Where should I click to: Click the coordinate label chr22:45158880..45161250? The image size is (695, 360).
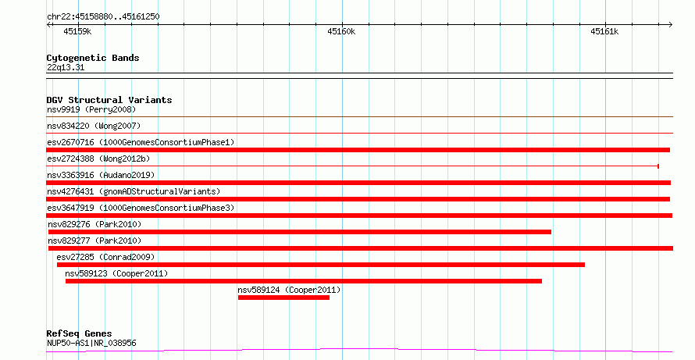point(103,17)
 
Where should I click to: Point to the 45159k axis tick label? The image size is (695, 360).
point(77,31)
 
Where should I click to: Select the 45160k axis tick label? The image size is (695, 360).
point(341,31)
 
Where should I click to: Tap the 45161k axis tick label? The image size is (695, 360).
point(604,31)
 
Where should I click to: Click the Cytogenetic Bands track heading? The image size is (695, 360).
point(93,58)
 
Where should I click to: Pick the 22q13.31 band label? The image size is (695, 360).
point(66,68)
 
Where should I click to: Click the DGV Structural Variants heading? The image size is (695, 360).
point(109,100)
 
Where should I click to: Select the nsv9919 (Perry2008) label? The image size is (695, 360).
point(91,109)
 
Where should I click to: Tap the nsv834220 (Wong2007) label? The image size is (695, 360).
point(94,126)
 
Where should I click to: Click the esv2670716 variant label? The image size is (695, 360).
point(141,142)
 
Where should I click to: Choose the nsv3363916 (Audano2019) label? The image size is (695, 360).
point(101,175)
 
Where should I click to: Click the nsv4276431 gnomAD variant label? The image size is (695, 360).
point(134,191)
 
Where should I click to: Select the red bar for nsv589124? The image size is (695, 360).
point(283,298)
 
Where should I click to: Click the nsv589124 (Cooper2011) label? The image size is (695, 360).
point(289,290)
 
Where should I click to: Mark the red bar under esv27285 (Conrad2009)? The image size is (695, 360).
point(321,265)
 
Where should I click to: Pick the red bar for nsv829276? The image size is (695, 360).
point(300,232)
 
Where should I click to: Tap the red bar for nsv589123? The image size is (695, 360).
point(304,281)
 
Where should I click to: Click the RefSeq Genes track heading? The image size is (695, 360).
point(80,334)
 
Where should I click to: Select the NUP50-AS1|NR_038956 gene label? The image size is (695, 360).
point(91,343)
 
